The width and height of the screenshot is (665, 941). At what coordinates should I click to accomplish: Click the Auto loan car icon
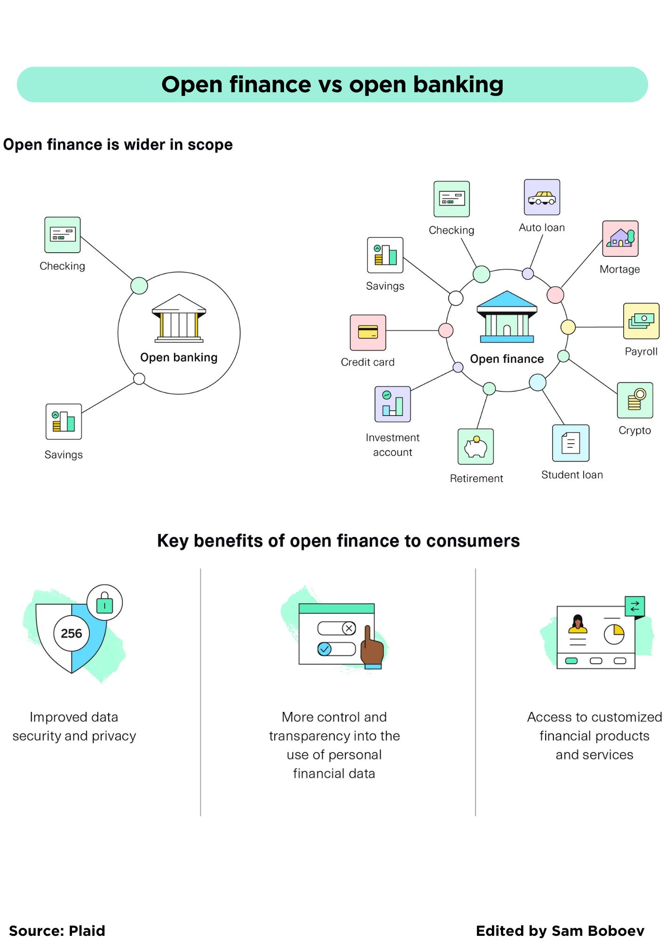(x=542, y=197)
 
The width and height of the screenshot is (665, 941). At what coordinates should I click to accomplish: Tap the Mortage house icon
(x=620, y=239)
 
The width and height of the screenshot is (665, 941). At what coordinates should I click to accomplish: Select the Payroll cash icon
(x=641, y=321)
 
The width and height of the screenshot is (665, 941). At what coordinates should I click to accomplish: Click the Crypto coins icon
(x=635, y=400)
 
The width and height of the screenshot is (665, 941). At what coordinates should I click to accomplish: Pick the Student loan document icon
(x=570, y=443)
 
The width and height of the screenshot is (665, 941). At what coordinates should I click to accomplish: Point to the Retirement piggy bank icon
(x=475, y=447)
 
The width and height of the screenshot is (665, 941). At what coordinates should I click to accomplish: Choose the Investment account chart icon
(x=392, y=404)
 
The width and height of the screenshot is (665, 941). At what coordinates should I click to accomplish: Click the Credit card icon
(x=368, y=333)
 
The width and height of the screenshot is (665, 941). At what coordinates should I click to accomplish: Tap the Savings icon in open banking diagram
(x=63, y=422)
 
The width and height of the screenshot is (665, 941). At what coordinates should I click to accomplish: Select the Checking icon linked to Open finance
(x=451, y=199)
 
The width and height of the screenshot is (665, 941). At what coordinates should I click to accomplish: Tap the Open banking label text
(x=179, y=358)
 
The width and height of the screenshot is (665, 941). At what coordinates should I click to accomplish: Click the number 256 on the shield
(x=71, y=633)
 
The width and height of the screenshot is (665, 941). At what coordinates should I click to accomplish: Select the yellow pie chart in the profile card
(x=614, y=634)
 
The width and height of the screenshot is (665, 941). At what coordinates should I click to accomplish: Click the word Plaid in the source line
(x=87, y=931)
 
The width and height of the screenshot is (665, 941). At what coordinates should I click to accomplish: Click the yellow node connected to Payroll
(x=568, y=327)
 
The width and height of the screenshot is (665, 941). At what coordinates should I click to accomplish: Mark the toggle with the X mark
(x=337, y=628)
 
